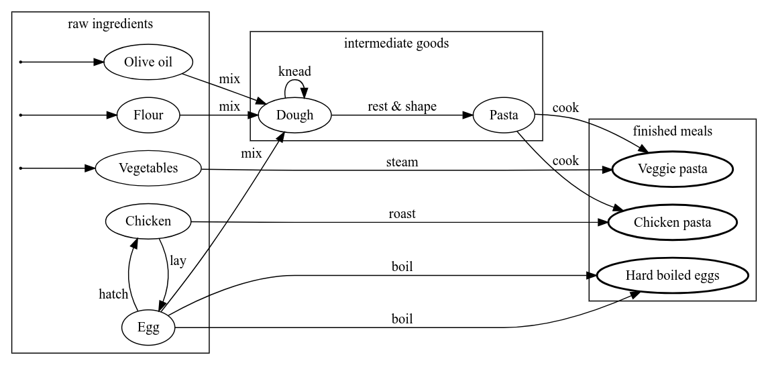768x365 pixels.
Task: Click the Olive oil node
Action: (148, 62)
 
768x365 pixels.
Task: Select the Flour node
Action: (148, 115)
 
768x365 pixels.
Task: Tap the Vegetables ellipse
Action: (148, 168)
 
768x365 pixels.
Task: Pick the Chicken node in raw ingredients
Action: (148, 221)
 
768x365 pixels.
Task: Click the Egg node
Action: (148, 327)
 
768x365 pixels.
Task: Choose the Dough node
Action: (294, 115)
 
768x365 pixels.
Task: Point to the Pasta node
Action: (504, 115)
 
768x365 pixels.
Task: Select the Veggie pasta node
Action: (672, 169)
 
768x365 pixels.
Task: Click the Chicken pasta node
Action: (672, 222)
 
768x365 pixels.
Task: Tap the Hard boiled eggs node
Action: (672, 275)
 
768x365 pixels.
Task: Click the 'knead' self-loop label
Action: (294, 71)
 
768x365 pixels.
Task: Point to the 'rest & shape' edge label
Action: (402, 107)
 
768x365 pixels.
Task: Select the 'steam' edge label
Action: (402, 162)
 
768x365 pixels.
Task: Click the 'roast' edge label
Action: (402, 214)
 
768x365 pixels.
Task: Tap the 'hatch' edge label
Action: (113, 293)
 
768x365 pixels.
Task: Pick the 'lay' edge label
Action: (177, 260)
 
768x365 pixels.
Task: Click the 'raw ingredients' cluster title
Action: (111, 25)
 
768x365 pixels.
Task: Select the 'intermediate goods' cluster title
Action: (396, 44)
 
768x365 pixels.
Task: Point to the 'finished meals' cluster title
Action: (672, 132)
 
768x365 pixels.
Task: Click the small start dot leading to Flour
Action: (21, 115)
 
